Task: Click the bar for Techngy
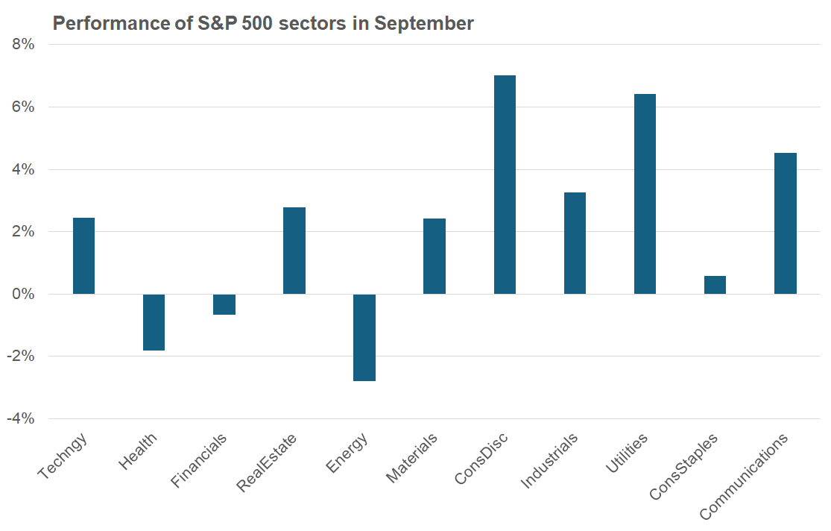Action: pos(83,256)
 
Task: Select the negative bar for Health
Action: pos(154,322)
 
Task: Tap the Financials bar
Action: pos(224,304)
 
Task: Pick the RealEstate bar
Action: pos(294,251)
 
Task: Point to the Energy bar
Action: pos(364,337)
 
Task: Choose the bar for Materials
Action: pos(435,256)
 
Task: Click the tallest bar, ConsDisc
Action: pos(505,184)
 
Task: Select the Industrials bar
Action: pos(575,243)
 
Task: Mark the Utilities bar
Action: pos(645,194)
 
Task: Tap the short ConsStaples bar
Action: pos(715,285)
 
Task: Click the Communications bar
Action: pos(786,223)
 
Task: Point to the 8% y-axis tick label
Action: pos(24,44)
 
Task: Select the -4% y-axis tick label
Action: pos(21,418)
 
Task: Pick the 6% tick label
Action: pos(24,107)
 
